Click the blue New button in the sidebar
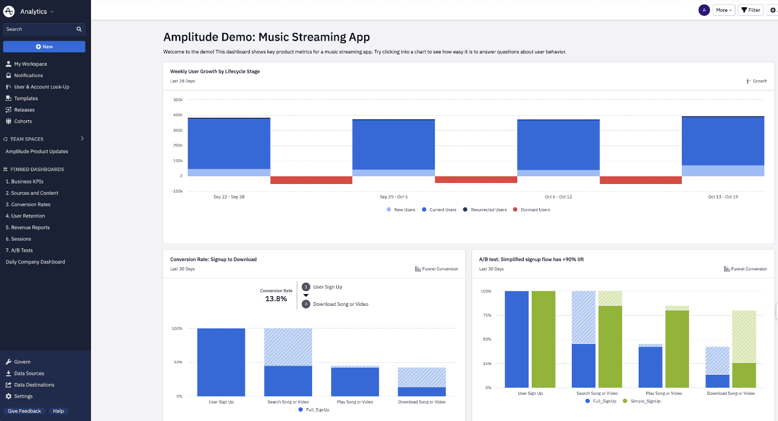pos(44,47)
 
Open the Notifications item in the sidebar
pos(28,76)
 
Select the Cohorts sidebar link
pos(23,121)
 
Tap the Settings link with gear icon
pos(23,396)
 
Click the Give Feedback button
pos(24,411)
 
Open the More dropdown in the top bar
pos(723,10)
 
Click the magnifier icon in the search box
pos(79,29)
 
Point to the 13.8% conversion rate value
pos(276,299)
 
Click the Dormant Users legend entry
pos(535,210)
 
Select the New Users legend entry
pos(404,210)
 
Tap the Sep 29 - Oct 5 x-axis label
pos(393,197)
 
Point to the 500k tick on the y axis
pos(178,100)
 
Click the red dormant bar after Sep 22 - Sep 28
pos(311,180)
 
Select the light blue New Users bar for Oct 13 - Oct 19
pos(722,171)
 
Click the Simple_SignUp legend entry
pos(645,401)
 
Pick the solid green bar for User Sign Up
pos(544,339)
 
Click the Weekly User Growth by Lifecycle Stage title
pos(215,71)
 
